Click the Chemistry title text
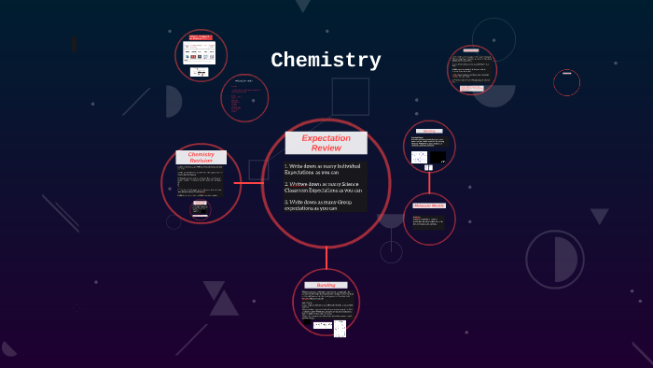point(326,61)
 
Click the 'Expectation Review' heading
point(326,143)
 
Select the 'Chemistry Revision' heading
point(201,157)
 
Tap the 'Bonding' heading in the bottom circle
point(326,285)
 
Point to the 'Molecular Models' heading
point(429,205)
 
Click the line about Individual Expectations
point(324,169)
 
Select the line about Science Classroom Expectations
point(324,187)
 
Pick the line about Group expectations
point(324,205)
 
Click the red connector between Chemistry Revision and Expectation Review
point(251,183)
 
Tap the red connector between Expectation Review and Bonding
point(326,258)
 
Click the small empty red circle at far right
point(566,83)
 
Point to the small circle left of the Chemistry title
point(244,98)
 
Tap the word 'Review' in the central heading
point(326,148)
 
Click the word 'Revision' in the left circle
point(201,161)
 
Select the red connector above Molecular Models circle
point(429,183)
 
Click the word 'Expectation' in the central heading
point(326,137)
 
